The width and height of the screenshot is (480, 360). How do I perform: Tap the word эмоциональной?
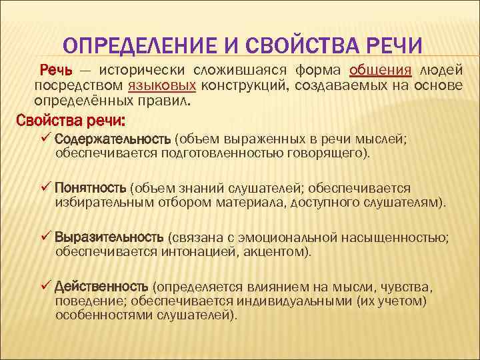click(299, 238)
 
